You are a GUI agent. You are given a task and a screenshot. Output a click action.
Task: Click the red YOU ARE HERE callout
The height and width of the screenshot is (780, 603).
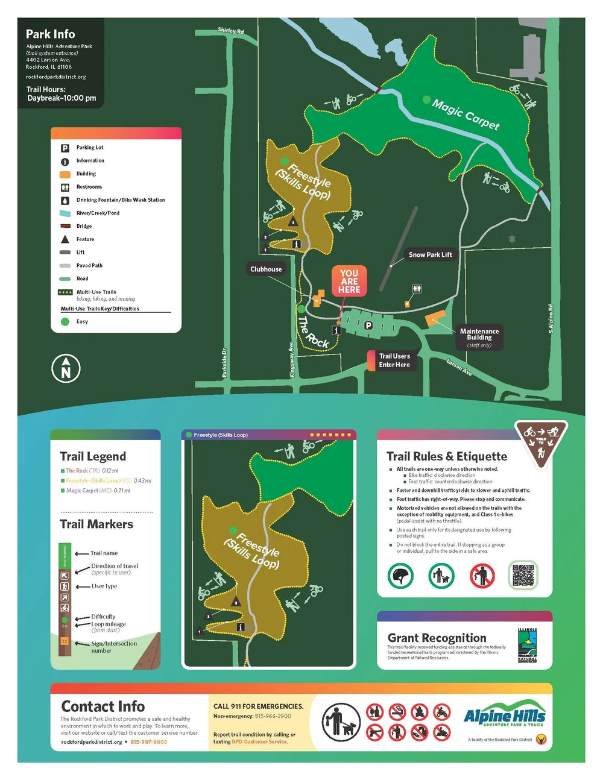(349, 281)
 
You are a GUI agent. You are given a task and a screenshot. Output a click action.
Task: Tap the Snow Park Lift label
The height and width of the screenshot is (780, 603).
(430, 254)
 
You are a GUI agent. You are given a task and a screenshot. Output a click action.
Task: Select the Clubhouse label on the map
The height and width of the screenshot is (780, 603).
(266, 269)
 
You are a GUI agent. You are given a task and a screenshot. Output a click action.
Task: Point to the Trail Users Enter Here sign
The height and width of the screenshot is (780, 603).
(394, 360)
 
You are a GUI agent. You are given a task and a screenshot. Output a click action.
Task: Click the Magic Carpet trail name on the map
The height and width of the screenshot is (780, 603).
(466, 115)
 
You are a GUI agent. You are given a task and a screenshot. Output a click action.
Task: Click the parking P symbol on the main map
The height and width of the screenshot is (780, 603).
(368, 326)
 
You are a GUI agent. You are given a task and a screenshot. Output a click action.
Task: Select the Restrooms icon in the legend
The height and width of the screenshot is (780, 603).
(65, 187)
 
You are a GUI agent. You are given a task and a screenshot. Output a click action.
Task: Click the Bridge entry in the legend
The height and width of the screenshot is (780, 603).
(84, 226)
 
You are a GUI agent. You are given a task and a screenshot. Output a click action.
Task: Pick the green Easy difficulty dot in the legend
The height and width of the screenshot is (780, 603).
(65, 322)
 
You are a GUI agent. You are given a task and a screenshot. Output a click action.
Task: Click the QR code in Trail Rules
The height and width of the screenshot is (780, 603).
(523, 576)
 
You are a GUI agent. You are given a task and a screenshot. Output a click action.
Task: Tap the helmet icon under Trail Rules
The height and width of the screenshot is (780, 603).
(401, 576)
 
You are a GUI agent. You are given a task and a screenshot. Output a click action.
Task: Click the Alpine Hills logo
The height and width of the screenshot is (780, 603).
(505, 717)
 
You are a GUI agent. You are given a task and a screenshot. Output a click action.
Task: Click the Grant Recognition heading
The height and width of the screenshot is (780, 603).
(437, 638)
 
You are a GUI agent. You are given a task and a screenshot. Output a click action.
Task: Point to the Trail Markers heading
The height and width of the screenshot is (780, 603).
(96, 524)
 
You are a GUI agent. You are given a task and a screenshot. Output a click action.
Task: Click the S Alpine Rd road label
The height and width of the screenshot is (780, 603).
(551, 318)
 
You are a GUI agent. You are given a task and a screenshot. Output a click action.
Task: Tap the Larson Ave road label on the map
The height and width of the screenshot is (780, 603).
(459, 367)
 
